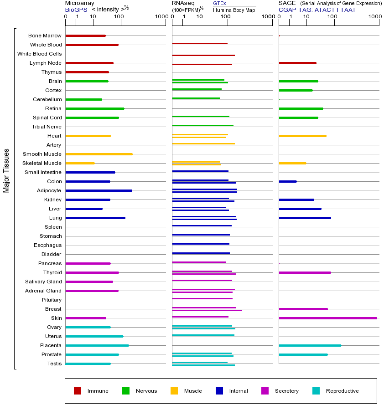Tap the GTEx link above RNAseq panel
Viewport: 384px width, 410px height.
pyautogui.click(x=219, y=3)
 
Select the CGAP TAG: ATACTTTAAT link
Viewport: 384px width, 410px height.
pyautogui.click(x=317, y=10)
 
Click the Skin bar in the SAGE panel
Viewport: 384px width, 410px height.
pyautogui.click(x=327, y=318)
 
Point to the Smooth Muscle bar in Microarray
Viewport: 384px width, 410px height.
pyautogui.click(x=99, y=154)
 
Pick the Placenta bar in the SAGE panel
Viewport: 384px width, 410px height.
pyautogui.click(x=310, y=345)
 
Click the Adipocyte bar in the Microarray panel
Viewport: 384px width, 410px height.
pyautogui.click(x=99, y=190)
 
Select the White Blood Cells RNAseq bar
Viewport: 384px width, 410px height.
pyautogui.click(x=203, y=55)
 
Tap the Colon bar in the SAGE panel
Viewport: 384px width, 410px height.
pyautogui.click(x=288, y=181)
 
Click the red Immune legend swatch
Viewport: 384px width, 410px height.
pyautogui.click(x=78, y=391)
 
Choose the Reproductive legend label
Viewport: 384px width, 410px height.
pyautogui.click(x=342, y=391)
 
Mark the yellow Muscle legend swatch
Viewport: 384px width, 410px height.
pyautogui.click(x=174, y=391)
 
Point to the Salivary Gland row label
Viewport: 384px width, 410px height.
pyautogui.click(x=43, y=282)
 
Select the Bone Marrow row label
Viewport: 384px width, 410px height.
pyautogui.click(x=45, y=36)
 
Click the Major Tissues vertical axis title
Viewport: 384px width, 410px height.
pyautogui.click(x=6, y=170)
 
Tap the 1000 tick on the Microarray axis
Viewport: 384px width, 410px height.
pyautogui.click(x=161, y=17)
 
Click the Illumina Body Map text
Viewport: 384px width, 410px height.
pyautogui.click(x=234, y=10)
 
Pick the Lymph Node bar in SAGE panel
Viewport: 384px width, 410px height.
pyautogui.click(x=297, y=63)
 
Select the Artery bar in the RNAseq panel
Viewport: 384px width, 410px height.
pyautogui.click(x=203, y=144)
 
